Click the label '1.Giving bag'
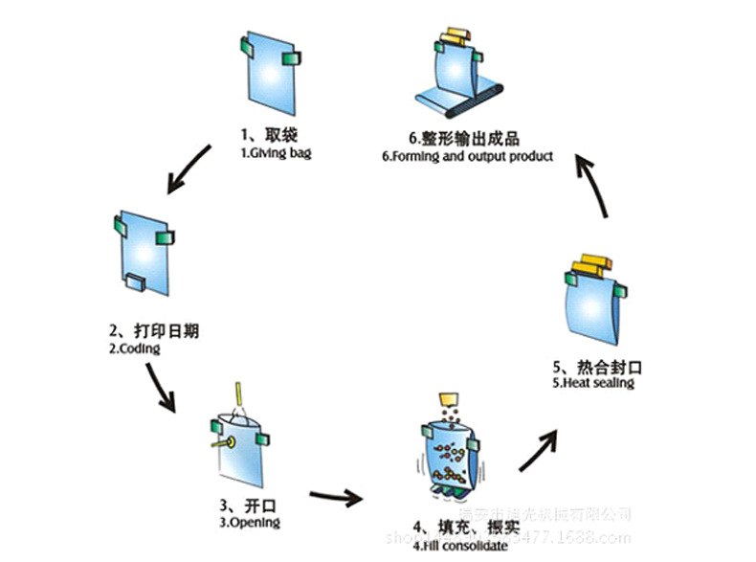pyautogui.click(x=275, y=152)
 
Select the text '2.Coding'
pyautogui.click(x=134, y=349)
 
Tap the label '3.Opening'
pyautogui.click(x=250, y=523)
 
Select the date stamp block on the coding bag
pyautogui.click(x=135, y=281)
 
